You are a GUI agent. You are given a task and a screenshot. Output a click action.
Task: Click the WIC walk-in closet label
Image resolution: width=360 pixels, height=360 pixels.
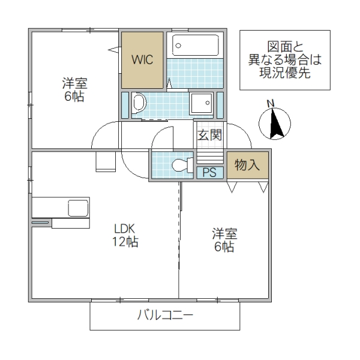click(x=143, y=60)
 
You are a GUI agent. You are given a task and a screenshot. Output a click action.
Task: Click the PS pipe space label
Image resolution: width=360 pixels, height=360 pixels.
click(x=209, y=172)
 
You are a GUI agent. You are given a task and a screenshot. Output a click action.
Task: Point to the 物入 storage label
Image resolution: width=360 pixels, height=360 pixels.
click(x=247, y=164)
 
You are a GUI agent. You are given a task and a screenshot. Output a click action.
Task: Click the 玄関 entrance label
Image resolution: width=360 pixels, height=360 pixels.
click(x=210, y=134)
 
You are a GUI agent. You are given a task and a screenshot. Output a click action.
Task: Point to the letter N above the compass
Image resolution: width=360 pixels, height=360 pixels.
click(x=271, y=102)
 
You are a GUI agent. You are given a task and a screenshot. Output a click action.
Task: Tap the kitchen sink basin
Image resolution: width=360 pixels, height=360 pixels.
click(x=78, y=208)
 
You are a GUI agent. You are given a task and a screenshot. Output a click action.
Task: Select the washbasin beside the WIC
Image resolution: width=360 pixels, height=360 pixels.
click(x=139, y=103)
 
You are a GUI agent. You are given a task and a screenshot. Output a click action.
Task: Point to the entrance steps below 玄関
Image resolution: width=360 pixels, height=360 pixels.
click(x=209, y=157)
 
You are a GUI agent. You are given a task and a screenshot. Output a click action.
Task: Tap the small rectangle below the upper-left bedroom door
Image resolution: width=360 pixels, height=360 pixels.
click(x=106, y=162)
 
